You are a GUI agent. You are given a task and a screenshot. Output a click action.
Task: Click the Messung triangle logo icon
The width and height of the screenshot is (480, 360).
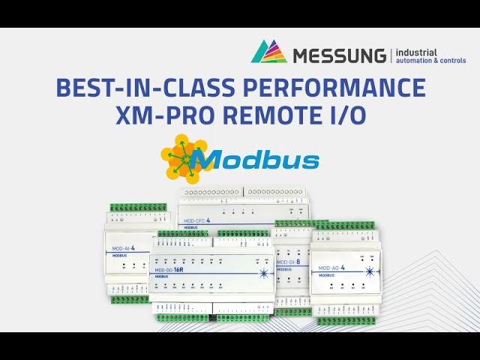pyautogui.click(x=268, y=52)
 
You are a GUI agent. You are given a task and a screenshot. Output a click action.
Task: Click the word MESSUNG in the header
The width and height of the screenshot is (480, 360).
pyautogui.click(x=337, y=55)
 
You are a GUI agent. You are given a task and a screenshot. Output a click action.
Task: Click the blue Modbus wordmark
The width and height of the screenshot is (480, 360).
pyautogui.click(x=255, y=160)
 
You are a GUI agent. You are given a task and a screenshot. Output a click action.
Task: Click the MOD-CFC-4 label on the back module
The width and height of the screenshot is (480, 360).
pyautogui.click(x=197, y=221)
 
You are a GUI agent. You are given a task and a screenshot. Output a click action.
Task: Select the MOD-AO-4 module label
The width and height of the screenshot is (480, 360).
pyautogui.click(x=331, y=268)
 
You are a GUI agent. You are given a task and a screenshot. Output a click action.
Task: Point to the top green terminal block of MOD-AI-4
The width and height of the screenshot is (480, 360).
pyautogui.click(x=138, y=207)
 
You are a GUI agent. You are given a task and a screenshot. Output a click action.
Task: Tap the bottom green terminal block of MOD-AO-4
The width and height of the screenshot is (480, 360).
pyautogui.click(x=345, y=320)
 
